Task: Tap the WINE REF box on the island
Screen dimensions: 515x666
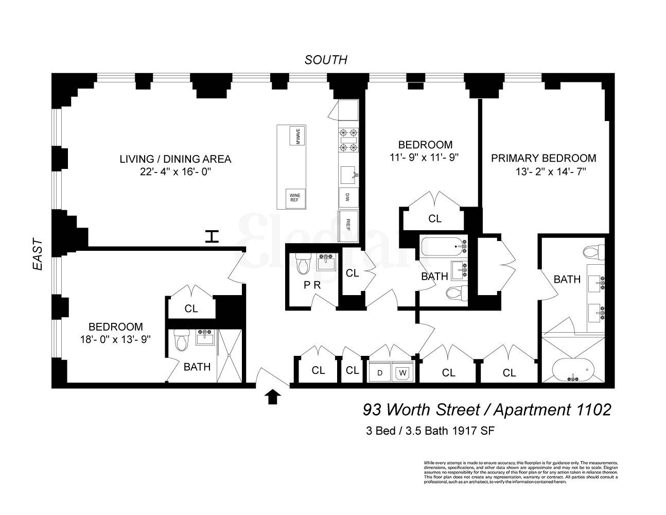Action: [295, 197]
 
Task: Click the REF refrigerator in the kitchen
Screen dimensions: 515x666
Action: [348, 226]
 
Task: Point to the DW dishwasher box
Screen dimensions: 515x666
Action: [348, 197]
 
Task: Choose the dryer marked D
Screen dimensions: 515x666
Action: [379, 372]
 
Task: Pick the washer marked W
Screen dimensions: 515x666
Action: [402, 372]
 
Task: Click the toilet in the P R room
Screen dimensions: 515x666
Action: [303, 265]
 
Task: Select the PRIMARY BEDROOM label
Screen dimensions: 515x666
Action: [544, 158]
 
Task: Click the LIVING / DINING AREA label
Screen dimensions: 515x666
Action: [175, 159]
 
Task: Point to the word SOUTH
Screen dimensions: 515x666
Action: [326, 60]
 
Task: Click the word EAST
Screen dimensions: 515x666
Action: [38, 254]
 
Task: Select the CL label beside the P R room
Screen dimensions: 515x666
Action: [352, 273]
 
